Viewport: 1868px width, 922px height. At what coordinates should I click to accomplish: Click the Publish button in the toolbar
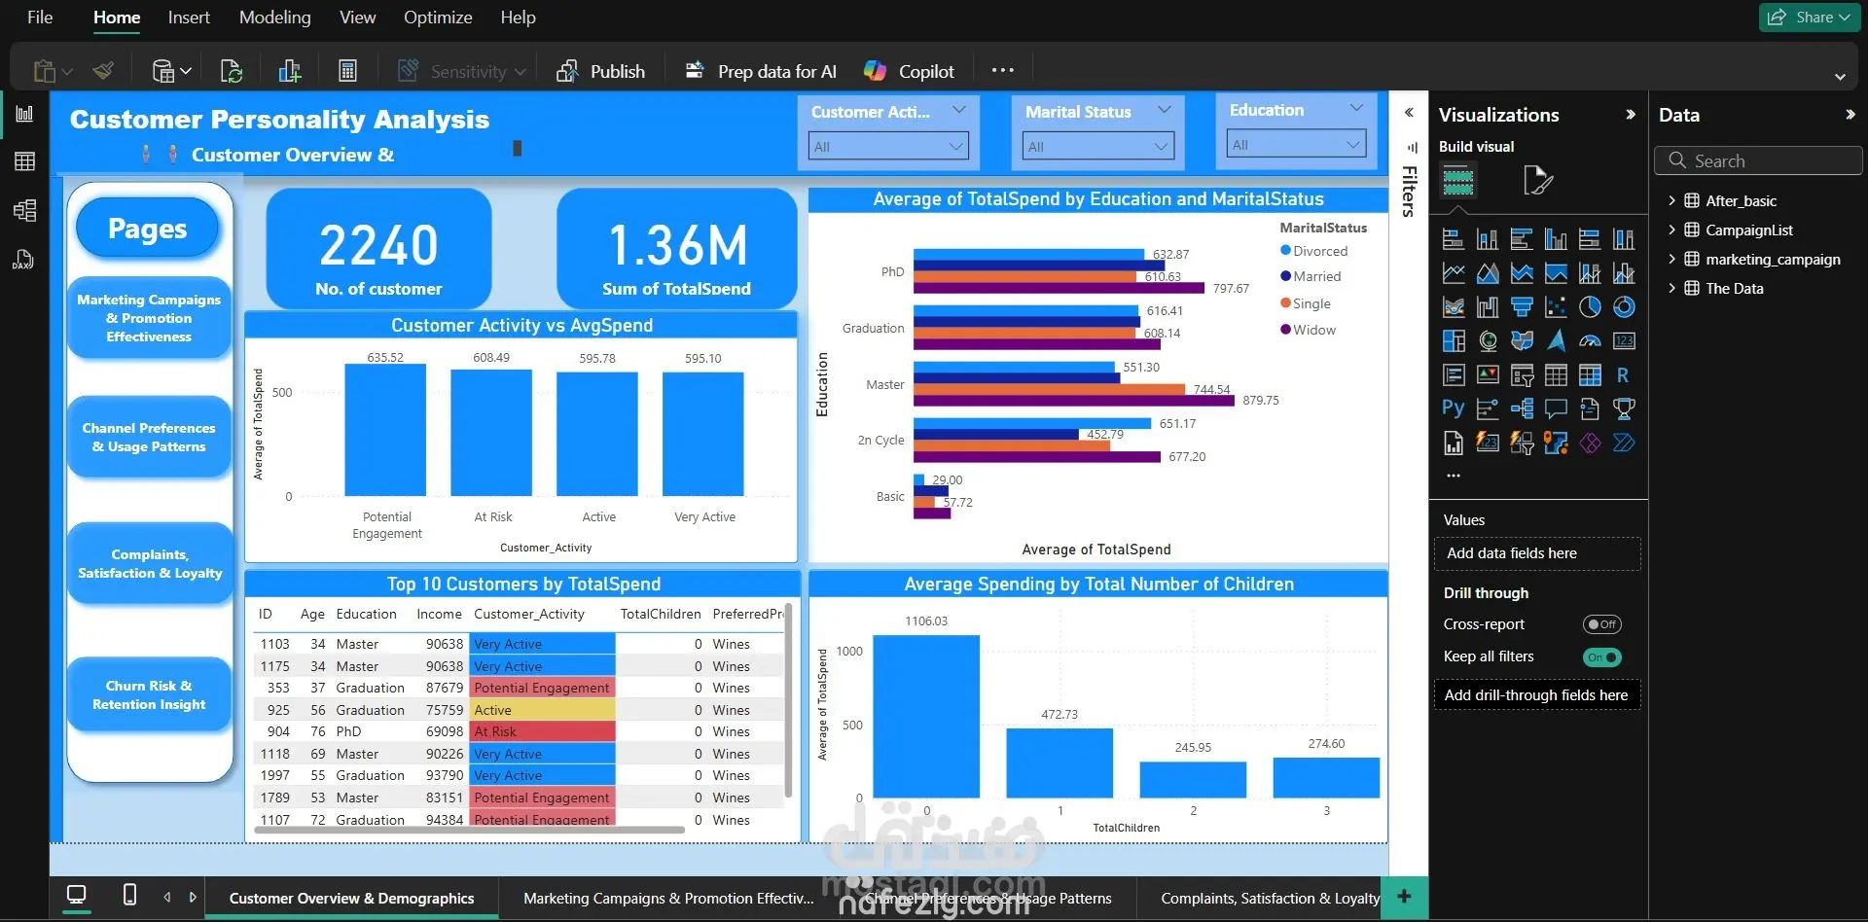pos(601,71)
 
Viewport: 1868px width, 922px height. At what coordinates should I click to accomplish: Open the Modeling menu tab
pos(274,18)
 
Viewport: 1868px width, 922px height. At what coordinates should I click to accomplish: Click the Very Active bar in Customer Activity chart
pos(702,434)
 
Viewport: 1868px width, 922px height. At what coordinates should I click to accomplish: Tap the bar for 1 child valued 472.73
pos(1060,763)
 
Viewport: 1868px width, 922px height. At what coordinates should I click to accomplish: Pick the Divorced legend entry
pos(1319,251)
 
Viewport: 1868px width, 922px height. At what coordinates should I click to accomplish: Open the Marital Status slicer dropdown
pos(1098,147)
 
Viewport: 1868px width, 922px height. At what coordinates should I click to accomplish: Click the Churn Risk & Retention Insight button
pos(149,695)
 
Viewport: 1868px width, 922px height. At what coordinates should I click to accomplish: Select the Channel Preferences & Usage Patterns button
pos(149,438)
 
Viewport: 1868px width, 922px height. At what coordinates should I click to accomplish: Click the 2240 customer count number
pos(378,245)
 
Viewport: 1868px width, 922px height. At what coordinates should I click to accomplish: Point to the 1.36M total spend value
pos(677,245)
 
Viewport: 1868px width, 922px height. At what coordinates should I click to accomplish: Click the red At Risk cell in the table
pos(542,731)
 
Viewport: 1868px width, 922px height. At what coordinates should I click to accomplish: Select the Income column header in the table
pos(439,614)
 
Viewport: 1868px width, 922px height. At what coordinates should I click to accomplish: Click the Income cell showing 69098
pos(445,731)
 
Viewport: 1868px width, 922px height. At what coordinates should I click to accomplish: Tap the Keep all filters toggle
pos(1601,657)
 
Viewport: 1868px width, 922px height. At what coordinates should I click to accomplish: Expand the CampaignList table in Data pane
pos(1671,230)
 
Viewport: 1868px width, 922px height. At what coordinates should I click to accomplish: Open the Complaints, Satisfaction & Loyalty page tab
pos(1270,899)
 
